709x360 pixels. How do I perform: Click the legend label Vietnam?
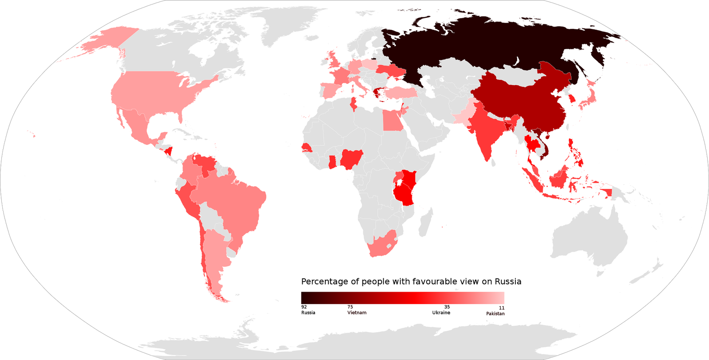point(357,313)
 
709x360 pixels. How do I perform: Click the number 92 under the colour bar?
point(304,307)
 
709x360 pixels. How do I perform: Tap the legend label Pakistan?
point(495,313)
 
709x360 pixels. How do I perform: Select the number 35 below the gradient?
point(447,307)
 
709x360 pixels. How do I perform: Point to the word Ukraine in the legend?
point(441,313)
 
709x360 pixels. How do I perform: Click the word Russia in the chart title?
point(508,282)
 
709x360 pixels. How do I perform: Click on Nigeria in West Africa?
point(352,159)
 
